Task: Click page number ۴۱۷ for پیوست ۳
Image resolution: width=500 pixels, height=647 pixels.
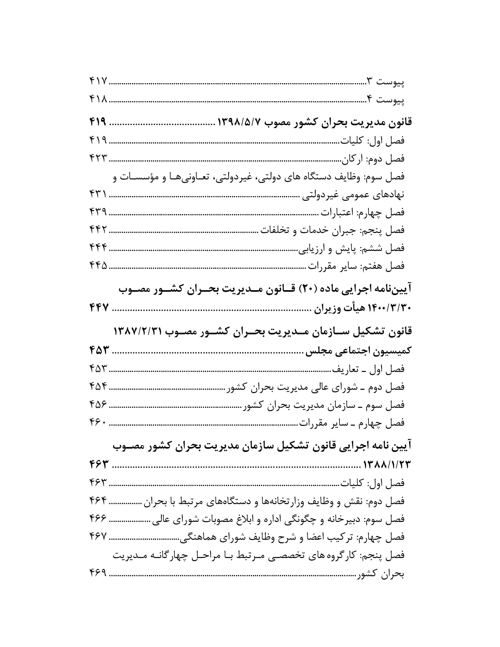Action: click(x=98, y=81)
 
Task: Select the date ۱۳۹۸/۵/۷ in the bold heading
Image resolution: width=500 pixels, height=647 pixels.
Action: click(x=239, y=122)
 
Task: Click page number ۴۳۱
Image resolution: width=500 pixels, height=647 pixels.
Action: click(x=98, y=194)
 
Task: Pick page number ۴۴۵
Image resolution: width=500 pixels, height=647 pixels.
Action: click(x=98, y=265)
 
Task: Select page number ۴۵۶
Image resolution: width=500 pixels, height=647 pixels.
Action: click(x=98, y=404)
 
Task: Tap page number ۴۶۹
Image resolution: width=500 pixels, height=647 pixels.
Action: click(x=98, y=574)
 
